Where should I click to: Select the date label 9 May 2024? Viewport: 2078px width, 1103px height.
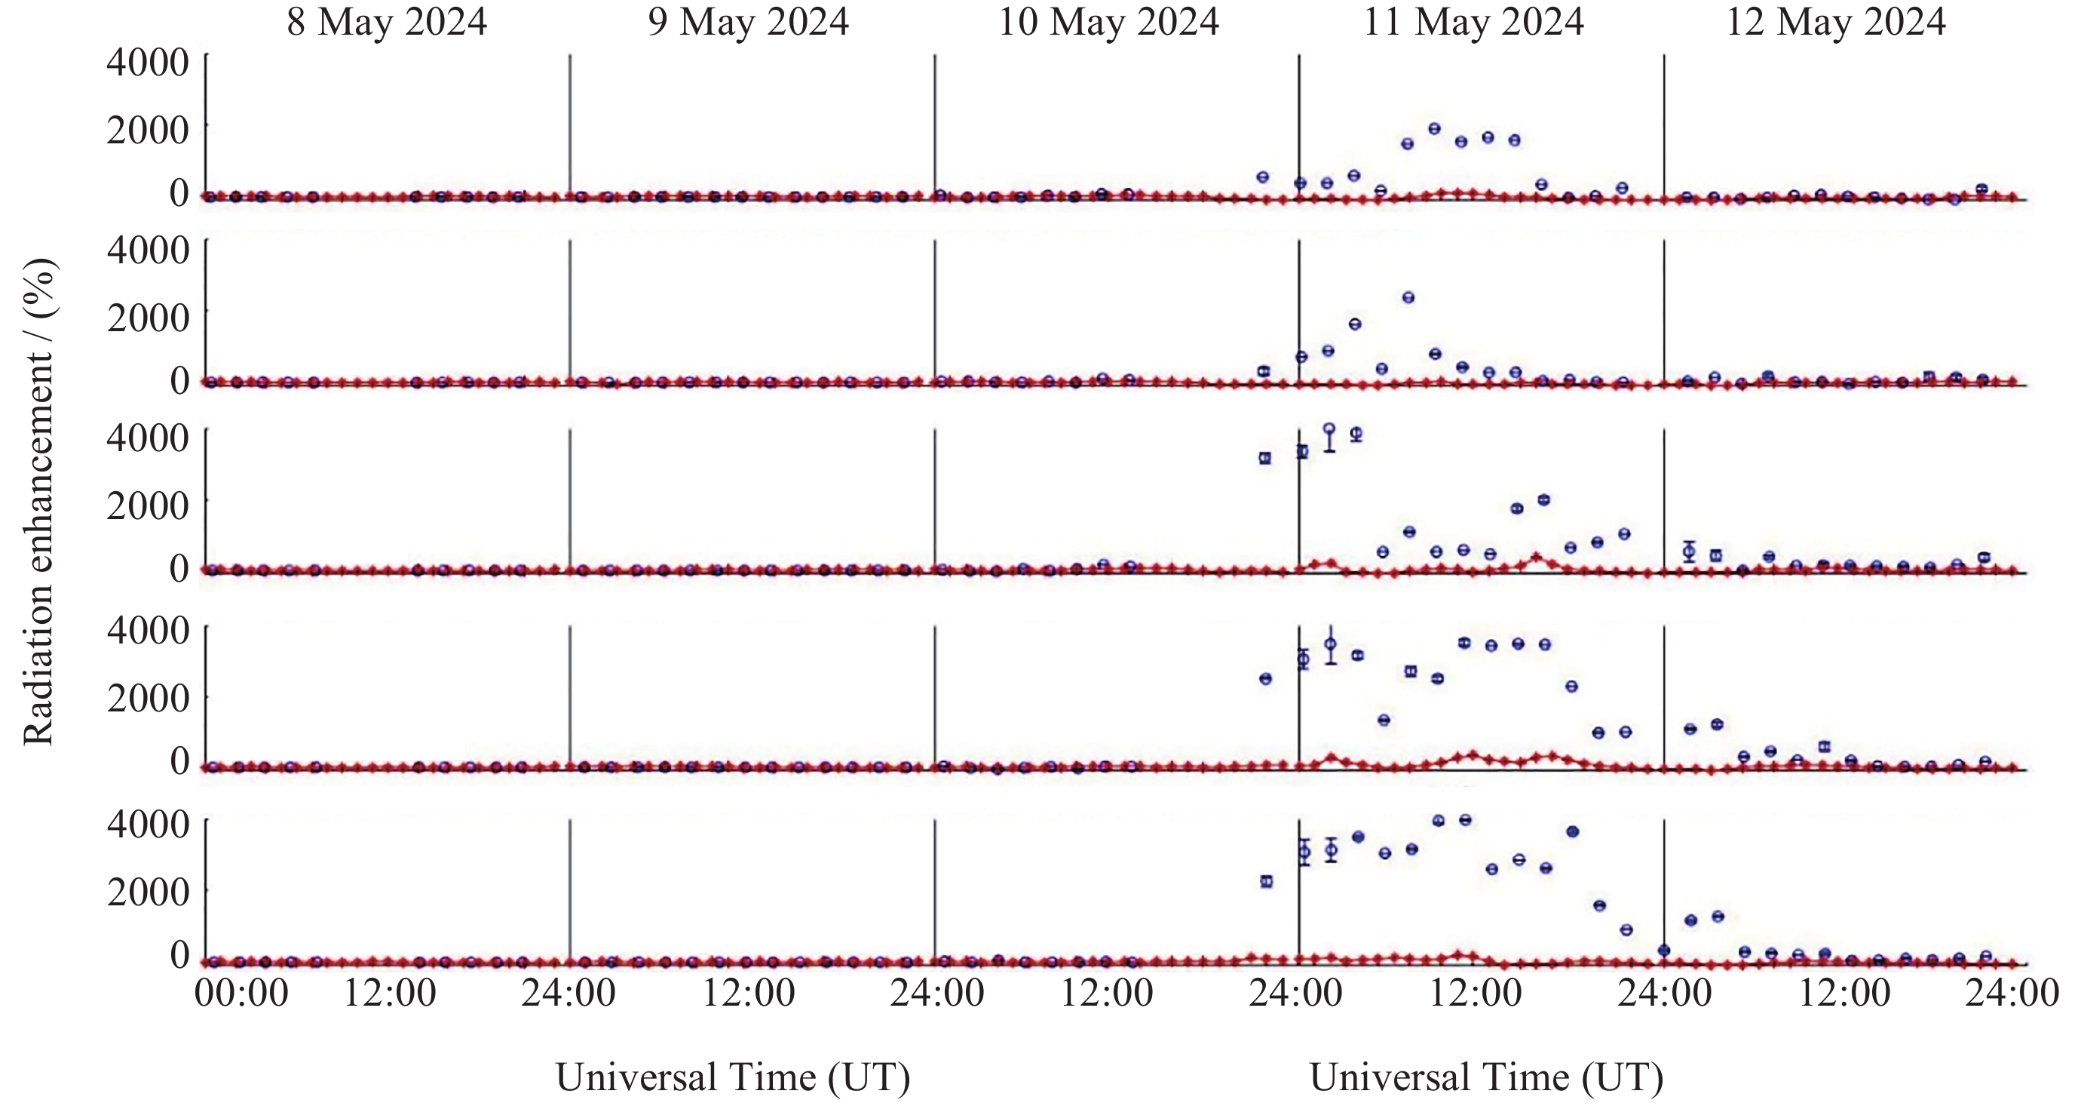pyautogui.click(x=748, y=22)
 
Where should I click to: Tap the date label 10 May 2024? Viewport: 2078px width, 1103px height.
pyautogui.click(x=1108, y=22)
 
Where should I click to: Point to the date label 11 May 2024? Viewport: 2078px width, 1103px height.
pyautogui.click(x=1473, y=22)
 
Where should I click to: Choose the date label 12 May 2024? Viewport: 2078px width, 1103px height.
pyautogui.click(x=1835, y=22)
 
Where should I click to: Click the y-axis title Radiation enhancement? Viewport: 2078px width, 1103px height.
pyautogui.click(x=38, y=502)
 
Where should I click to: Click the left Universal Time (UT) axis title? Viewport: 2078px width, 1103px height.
pyautogui.click(x=732, y=1077)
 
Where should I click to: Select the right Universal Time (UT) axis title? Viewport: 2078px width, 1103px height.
pyautogui.click(x=1486, y=1077)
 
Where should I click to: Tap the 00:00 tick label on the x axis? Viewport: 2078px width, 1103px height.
pyautogui.click(x=241, y=991)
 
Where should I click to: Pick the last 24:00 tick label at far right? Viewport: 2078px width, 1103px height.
pyautogui.click(x=2012, y=991)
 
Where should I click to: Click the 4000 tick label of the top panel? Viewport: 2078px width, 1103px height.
pyautogui.click(x=148, y=62)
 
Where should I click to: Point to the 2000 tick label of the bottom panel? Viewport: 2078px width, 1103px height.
pyautogui.click(x=148, y=891)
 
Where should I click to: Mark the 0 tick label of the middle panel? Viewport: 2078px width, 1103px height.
pyautogui.click(x=179, y=568)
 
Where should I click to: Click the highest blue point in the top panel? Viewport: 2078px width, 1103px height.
pyautogui.click(x=1434, y=128)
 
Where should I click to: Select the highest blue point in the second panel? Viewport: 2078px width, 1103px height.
pyautogui.click(x=1408, y=298)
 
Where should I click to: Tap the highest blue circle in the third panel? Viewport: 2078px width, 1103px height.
pyautogui.click(x=1329, y=429)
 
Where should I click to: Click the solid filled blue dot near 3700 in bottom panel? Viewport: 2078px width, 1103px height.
pyautogui.click(x=1572, y=831)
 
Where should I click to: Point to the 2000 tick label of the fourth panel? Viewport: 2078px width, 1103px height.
pyautogui.click(x=148, y=696)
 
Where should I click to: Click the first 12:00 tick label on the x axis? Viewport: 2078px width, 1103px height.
pyautogui.click(x=390, y=991)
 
